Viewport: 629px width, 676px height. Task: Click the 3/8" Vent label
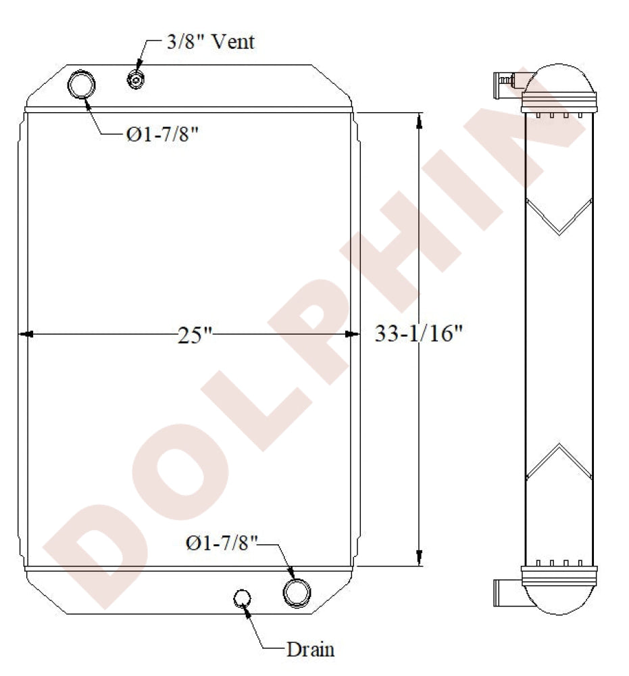click(x=211, y=42)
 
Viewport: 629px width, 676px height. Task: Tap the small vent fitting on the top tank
click(x=136, y=80)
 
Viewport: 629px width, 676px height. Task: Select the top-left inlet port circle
click(x=82, y=84)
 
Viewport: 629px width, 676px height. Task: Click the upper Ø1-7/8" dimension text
click(x=162, y=135)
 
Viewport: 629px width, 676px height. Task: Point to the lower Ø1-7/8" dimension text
click(x=222, y=543)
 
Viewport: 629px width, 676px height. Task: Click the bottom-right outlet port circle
click(x=297, y=593)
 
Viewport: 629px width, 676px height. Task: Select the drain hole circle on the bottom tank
click(x=242, y=598)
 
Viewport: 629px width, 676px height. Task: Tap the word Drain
click(x=311, y=649)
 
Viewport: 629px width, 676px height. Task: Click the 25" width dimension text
click(x=195, y=335)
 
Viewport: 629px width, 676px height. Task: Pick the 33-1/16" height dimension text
click(x=418, y=333)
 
